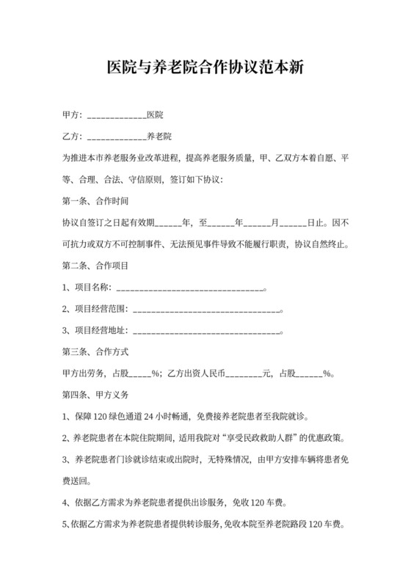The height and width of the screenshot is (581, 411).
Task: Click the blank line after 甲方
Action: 116,116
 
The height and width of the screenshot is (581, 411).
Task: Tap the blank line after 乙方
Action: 116,136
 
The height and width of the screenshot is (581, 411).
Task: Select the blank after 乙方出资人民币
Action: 243,373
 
